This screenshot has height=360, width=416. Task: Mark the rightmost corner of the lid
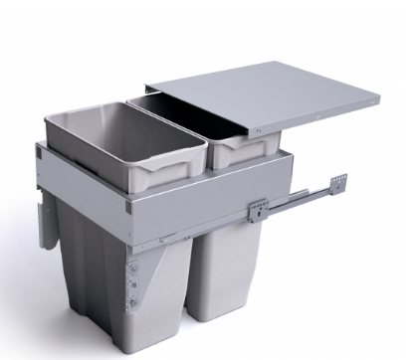tap(379, 99)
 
